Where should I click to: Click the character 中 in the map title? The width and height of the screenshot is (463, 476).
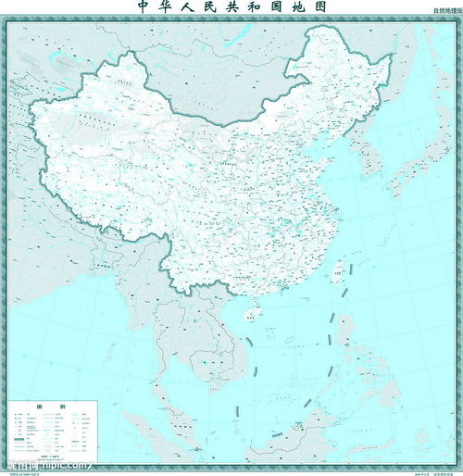[144, 7]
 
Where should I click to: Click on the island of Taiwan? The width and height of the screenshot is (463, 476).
[338, 270]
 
